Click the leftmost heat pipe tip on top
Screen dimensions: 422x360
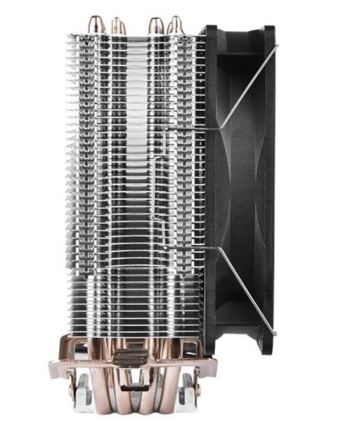tap(96, 22)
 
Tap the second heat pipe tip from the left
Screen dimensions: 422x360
tap(118, 25)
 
